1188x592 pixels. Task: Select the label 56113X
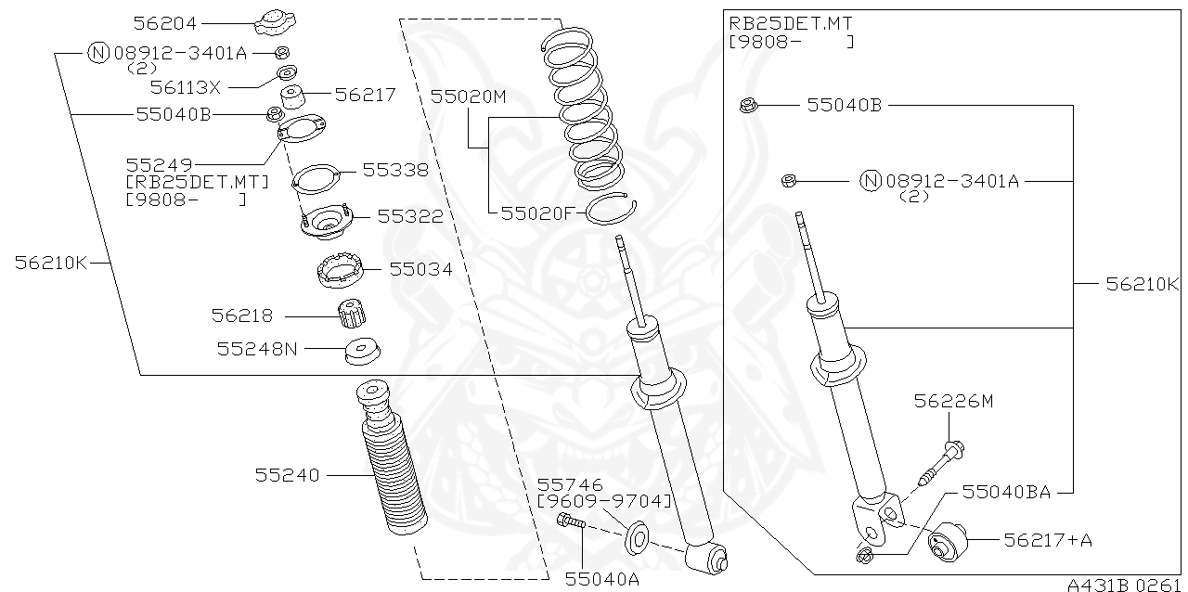coord(186,87)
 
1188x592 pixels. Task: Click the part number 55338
coord(395,170)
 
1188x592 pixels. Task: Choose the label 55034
coord(420,269)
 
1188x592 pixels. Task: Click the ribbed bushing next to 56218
coord(350,315)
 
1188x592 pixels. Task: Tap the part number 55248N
coord(257,349)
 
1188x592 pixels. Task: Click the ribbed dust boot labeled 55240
coord(390,464)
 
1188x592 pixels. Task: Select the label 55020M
coord(468,96)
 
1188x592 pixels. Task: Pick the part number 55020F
coord(538,212)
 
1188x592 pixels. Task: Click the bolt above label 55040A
coord(570,524)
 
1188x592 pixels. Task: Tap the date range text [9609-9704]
coord(604,501)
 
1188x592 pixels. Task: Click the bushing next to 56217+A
coord(948,541)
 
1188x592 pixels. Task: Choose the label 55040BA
coord(1005,492)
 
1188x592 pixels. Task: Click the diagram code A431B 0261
coord(1125,585)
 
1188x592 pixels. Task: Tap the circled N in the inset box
coord(870,181)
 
